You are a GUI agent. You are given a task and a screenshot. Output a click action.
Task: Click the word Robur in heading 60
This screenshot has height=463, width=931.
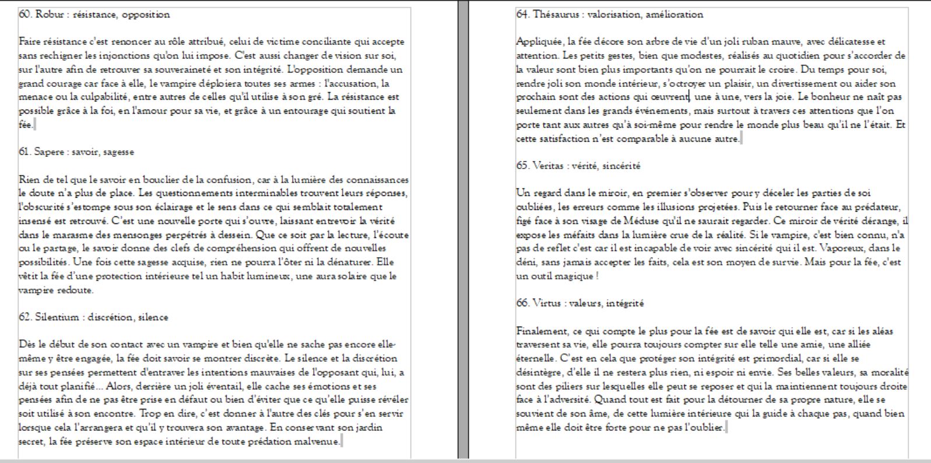pos(49,15)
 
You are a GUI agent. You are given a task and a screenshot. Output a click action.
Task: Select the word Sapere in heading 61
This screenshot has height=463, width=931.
pos(50,152)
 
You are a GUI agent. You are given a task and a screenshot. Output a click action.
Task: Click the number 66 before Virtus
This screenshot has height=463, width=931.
pos(522,303)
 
